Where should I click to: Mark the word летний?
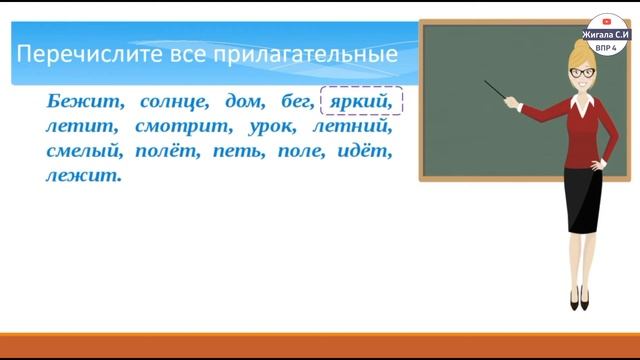[x=350, y=128]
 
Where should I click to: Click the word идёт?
[x=365, y=153]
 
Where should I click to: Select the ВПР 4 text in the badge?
[x=607, y=46]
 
